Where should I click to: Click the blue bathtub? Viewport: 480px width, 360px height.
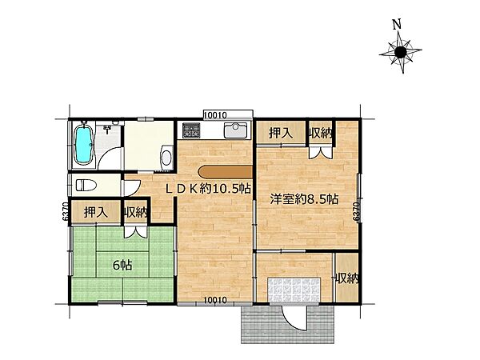tap(83, 145)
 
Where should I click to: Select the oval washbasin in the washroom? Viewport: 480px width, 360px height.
tap(166, 157)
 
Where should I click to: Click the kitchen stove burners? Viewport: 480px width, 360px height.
tap(191, 130)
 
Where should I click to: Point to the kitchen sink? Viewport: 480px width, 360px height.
tap(236, 131)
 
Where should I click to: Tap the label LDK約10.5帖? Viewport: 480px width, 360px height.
tap(210, 189)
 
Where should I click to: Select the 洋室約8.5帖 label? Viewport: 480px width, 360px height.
tap(304, 197)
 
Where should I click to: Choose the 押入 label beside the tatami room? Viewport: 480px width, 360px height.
tap(94, 212)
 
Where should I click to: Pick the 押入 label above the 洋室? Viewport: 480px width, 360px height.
tap(279, 133)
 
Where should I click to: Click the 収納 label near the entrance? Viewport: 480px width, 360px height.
tap(346, 278)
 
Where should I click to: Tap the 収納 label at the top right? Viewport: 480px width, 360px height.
tap(321, 133)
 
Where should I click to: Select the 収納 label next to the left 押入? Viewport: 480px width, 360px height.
tap(135, 212)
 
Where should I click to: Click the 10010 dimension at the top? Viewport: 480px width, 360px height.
tap(216, 115)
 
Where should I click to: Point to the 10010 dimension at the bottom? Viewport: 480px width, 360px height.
tap(216, 301)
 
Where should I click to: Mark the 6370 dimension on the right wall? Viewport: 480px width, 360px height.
tap(355, 210)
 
